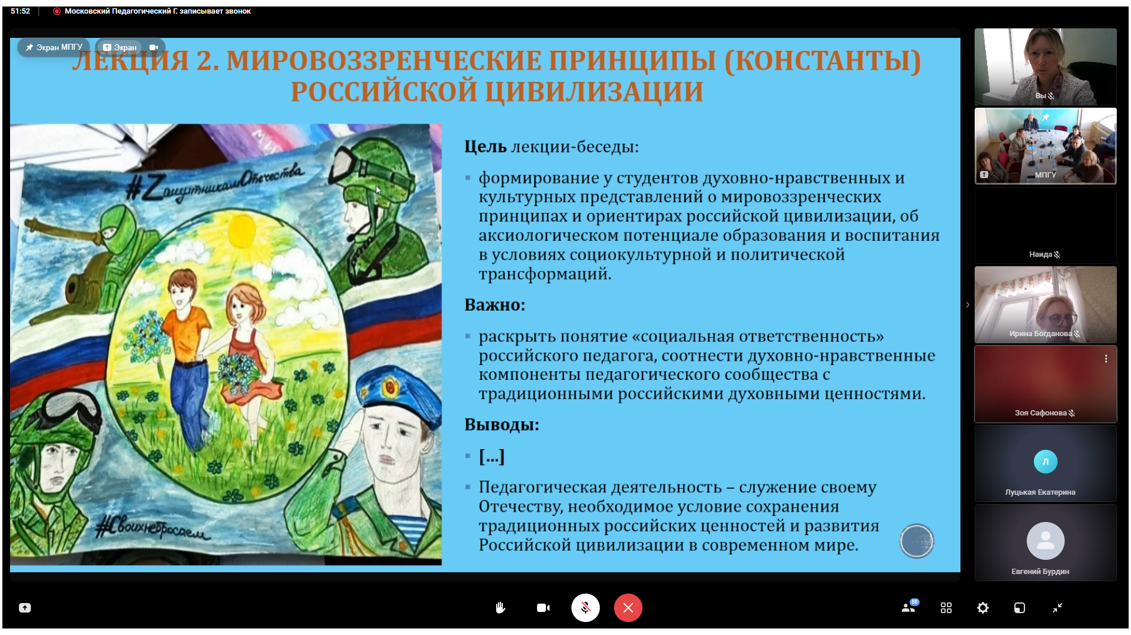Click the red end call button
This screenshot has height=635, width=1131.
pyautogui.click(x=628, y=608)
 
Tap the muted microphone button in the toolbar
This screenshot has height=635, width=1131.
pyautogui.click(x=585, y=608)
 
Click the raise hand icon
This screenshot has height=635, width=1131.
pyautogui.click(x=500, y=608)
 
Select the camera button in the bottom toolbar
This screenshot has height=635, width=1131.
pyautogui.click(x=543, y=608)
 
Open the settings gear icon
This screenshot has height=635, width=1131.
pyautogui.click(x=983, y=608)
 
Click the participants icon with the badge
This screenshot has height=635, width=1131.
pyautogui.click(x=909, y=607)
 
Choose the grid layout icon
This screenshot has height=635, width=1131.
pyautogui.click(x=946, y=608)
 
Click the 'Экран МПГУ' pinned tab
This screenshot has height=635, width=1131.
pyautogui.click(x=54, y=47)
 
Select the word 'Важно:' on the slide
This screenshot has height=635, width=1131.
pyautogui.click(x=494, y=305)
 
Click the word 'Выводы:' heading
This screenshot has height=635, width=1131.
pyautogui.click(x=502, y=425)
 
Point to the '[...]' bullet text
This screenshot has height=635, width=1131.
pyautogui.click(x=491, y=456)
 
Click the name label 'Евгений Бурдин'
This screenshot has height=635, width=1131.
pyautogui.click(x=1040, y=571)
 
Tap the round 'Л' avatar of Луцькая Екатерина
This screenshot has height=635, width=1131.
pyautogui.click(x=1045, y=462)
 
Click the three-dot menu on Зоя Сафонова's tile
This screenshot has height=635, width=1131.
pyautogui.click(x=1106, y=359)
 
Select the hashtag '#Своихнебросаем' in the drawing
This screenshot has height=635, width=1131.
pyautogui.click(x=153, y=528)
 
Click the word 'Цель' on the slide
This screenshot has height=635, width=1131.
pyautogui.click(x=485, y=146)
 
